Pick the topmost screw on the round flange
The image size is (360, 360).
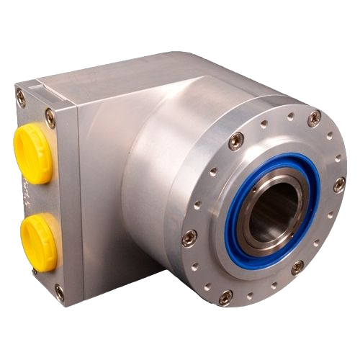314,116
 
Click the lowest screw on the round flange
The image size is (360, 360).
225,295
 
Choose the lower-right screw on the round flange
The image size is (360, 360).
297,267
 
